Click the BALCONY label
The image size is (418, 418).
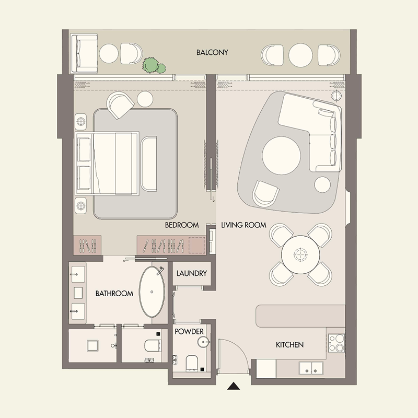pyautogui.click(x=212, y=53)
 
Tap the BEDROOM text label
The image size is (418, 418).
pyautogui.click(x=182, y=225)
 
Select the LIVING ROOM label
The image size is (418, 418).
pyautogui.click(x=243, y=225)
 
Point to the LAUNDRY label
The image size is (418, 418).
pyautogui.click(x=192, y=273)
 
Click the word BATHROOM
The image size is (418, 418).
pyautogui.click(x=114, y=294)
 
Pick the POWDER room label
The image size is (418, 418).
pyautogui.click(x=189, y=331)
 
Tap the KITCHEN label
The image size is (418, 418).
pyautogui.click(x=289, y=345)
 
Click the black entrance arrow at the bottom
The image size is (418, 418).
pyautogui.click(x=234, y=387)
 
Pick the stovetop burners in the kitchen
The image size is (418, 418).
pyautogui.click(x=337, y=342)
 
